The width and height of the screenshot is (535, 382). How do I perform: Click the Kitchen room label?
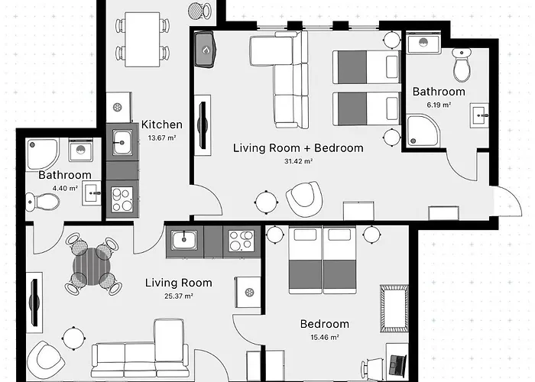162,125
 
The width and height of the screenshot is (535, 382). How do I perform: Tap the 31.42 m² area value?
299,161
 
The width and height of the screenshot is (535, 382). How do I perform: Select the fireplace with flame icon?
206,50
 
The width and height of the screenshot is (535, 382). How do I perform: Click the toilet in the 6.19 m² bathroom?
462,65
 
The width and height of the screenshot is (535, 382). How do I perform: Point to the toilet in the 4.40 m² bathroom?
43,202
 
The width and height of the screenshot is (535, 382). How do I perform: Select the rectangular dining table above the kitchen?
142,40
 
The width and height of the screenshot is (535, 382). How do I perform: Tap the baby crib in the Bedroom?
394,309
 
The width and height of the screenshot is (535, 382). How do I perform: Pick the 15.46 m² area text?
325,338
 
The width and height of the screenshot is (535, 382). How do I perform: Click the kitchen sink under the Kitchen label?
122,142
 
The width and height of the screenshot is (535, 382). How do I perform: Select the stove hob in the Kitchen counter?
122,199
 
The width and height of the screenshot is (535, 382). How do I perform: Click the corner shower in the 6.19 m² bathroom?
423,131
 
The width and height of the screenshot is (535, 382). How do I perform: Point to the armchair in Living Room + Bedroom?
304,199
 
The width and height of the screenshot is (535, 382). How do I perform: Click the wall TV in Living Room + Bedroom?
203,125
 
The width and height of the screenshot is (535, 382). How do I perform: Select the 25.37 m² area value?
179,296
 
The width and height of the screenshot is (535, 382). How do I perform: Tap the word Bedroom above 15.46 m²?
325,324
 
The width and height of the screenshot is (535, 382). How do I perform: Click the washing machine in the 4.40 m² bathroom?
80,150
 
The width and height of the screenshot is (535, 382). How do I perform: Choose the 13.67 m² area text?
162,138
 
